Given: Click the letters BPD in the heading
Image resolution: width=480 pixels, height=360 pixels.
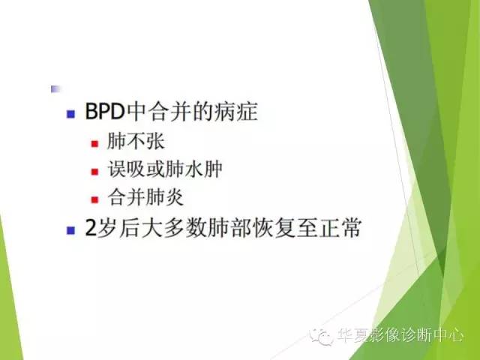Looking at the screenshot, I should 103,115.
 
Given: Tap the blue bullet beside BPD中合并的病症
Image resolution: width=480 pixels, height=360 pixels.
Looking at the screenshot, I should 70,115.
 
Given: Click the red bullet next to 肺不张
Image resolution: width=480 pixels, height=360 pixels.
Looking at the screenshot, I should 94,143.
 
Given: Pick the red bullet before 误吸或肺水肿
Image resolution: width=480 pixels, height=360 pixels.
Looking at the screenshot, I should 94,171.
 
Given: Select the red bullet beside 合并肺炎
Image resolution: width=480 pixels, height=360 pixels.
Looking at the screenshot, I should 94,199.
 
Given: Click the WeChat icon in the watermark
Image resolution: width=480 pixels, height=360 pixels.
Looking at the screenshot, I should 325,337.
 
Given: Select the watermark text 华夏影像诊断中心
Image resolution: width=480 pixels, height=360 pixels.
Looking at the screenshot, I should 400,337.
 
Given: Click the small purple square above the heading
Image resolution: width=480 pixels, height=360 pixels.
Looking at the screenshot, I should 54,88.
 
